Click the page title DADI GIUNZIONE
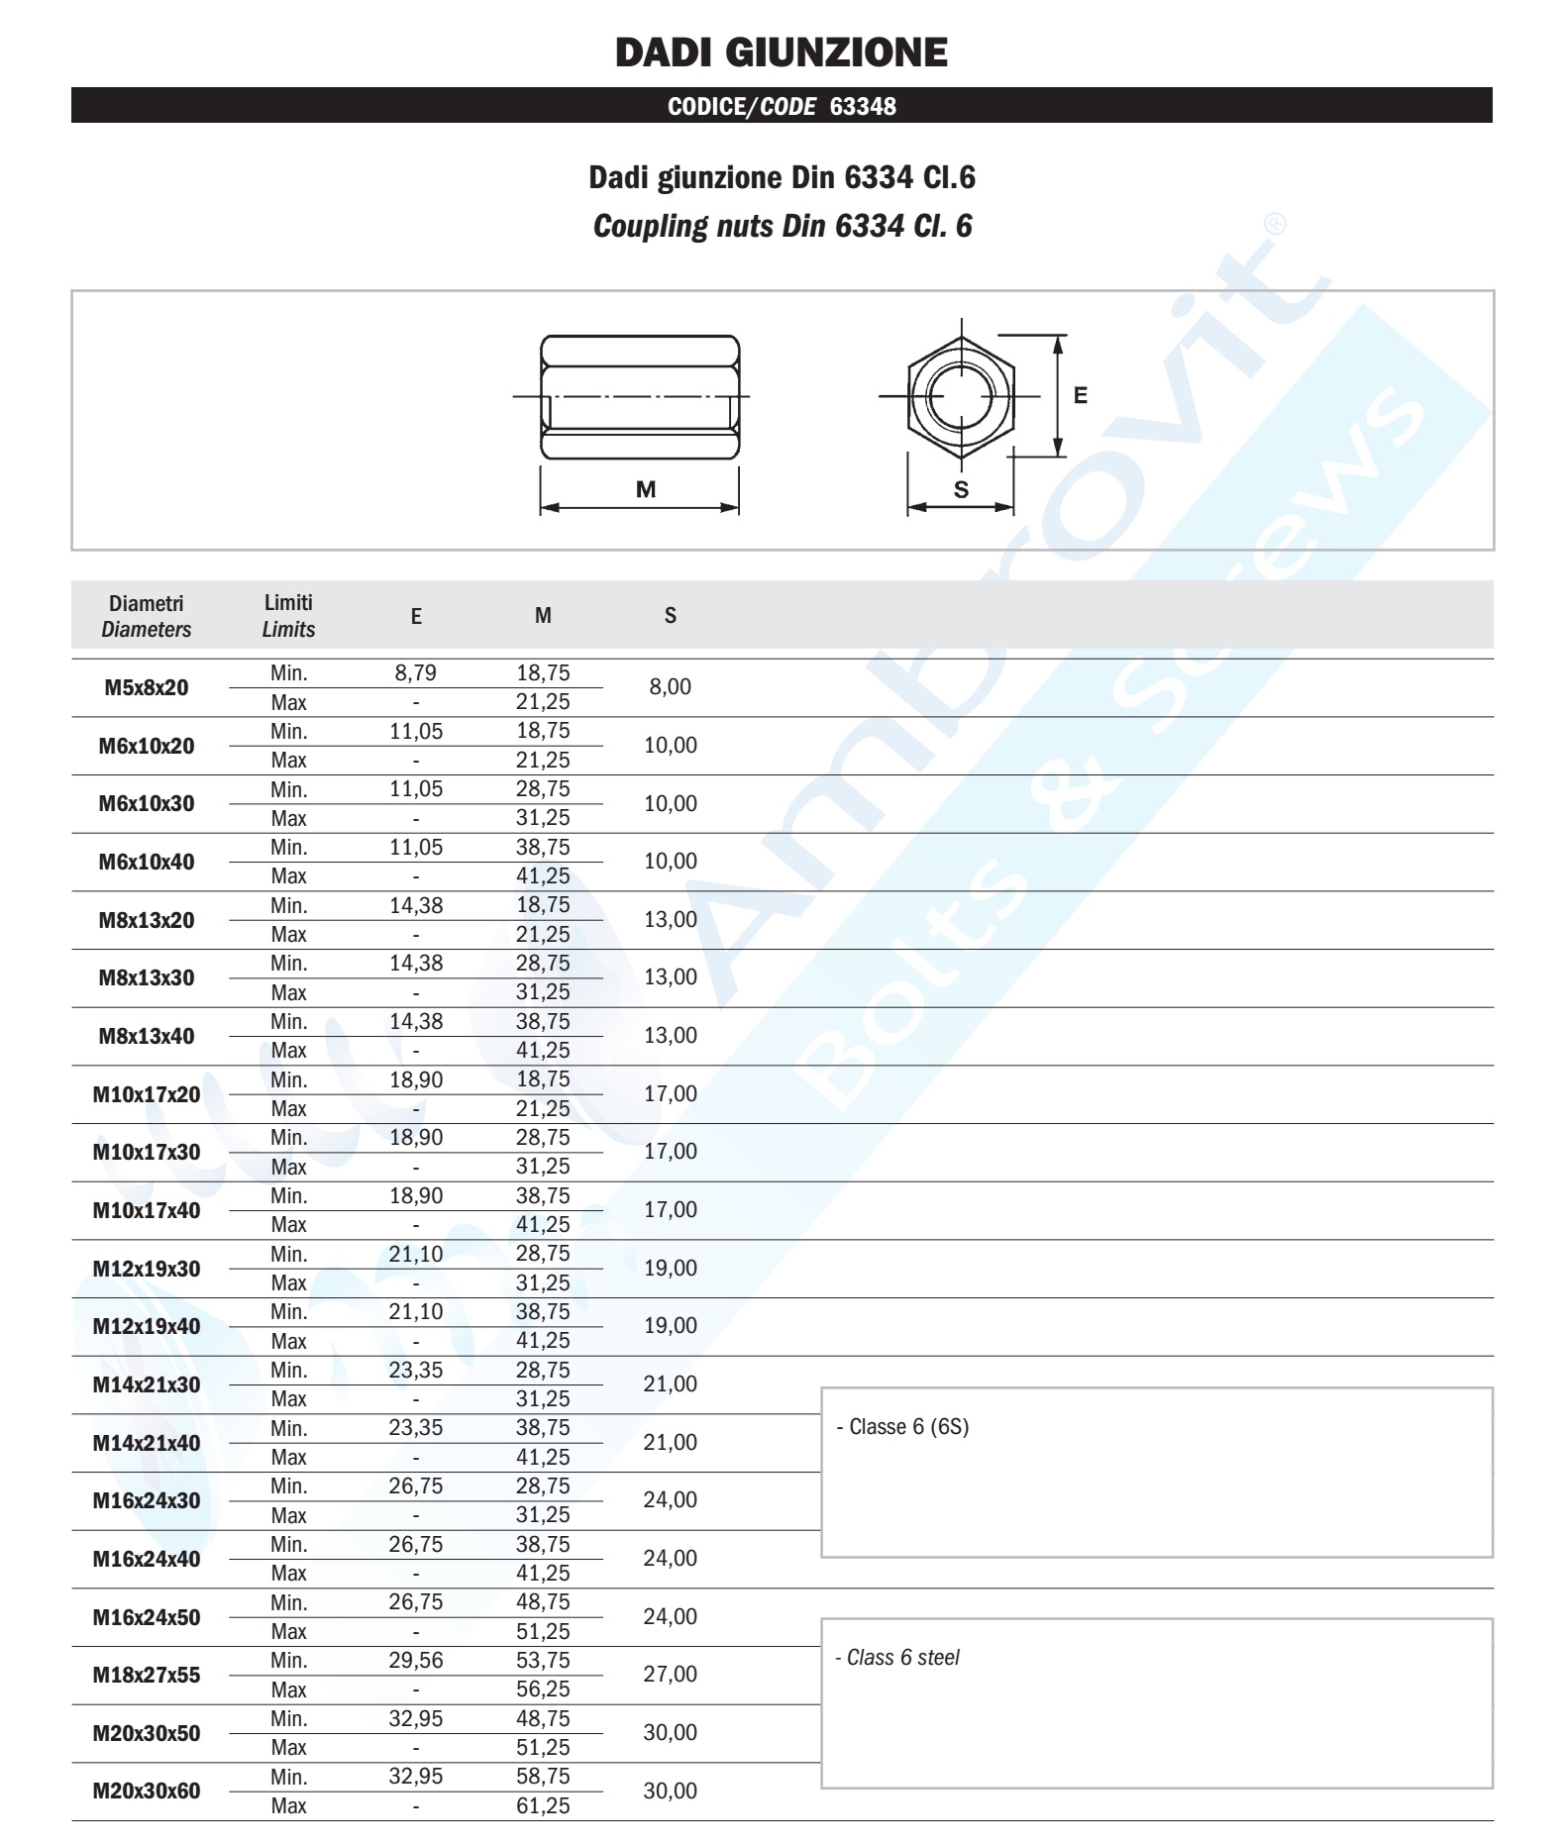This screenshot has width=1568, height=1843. (x=781, y=52)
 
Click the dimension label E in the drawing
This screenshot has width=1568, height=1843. (x=1080, y=396)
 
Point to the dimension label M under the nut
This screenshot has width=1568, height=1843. (x=646, y=489)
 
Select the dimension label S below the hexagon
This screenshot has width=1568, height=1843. (x=961, y=489)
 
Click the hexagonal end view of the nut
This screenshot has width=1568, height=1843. (x=960, y=396)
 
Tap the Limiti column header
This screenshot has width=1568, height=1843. (x=288, y=615)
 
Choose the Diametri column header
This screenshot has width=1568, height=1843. (x=147, y=616)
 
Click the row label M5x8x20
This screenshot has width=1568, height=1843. (x=147, y=687)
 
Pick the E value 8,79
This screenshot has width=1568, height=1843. (x=415, y=673)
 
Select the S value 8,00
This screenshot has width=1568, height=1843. (x=670, y=687)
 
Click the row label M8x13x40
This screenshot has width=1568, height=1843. (x=147, y=1036)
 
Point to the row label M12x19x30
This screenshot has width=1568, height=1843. (x=147, y=1269)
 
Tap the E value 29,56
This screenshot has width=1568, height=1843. (x=415, y=1661)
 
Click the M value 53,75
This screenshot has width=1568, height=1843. (x=543, y=1661)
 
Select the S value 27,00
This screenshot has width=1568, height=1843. (x=670, y=1675)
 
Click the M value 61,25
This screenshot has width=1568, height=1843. (x=543, y=1805)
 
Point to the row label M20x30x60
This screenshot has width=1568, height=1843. (x=147, y=1791)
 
